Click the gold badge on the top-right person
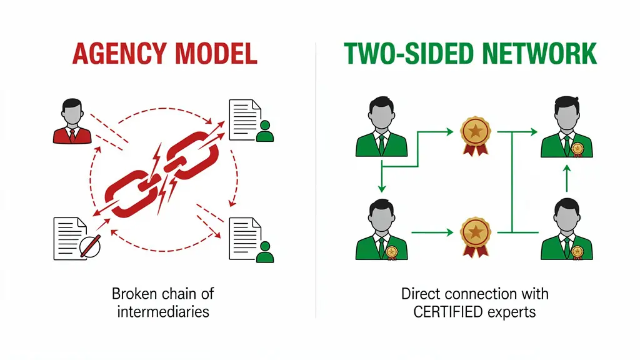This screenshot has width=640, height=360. tap(577, 148)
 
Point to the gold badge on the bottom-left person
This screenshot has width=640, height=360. tap(391, 251)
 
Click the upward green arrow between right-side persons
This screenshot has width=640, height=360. tap(566, 179)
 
